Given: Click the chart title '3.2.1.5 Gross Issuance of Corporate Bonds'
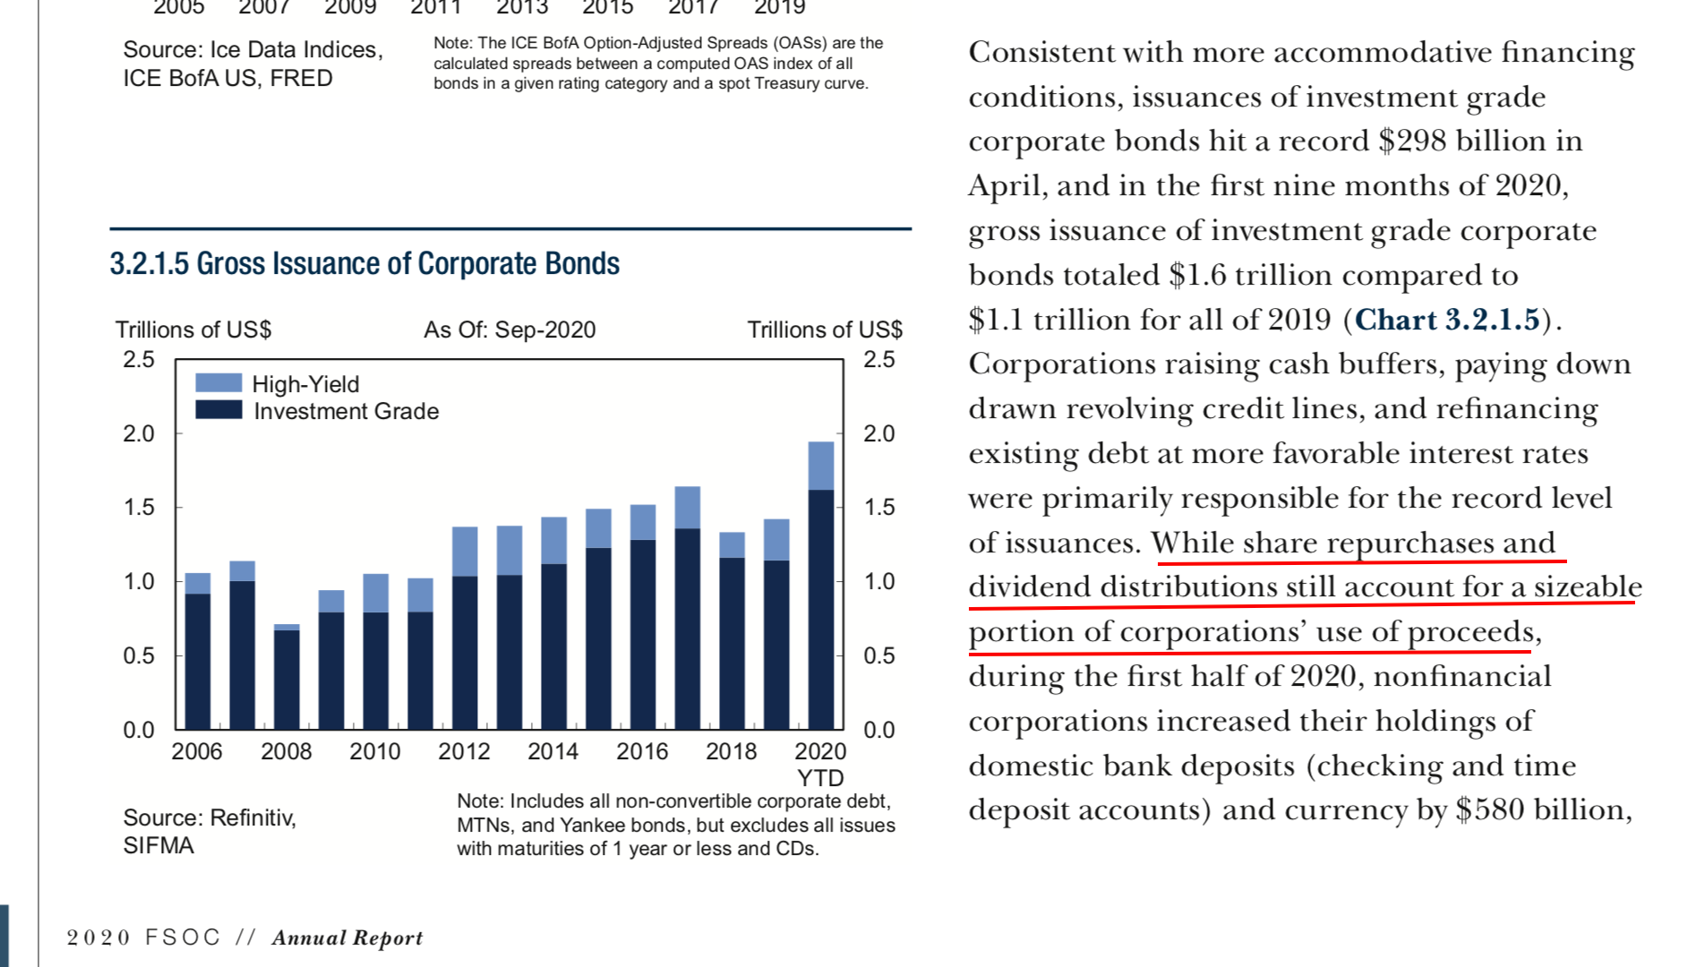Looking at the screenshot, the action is (364, 264).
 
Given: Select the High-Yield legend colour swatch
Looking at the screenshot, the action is (218, 383).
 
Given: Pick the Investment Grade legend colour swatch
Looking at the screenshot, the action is (218, 410).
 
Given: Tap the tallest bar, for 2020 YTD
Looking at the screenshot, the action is (820, 586).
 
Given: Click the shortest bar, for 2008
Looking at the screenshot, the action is (287, 677).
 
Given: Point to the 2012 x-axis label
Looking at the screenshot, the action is (464, 751).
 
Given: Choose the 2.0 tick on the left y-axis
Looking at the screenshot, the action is (139, 433).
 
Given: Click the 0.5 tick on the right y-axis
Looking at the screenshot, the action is (879, 655).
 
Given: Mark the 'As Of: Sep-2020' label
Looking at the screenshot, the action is (510, 329).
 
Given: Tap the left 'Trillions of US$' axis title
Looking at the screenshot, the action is (193, 329).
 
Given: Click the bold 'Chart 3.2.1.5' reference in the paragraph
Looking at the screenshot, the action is (1447, 320).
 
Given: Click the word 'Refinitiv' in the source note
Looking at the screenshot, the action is (253, 817).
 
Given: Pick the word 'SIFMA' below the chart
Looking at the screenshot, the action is (158, 846).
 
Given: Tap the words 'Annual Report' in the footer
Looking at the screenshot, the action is (347, 937).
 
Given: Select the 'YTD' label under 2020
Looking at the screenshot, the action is (820, 777).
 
